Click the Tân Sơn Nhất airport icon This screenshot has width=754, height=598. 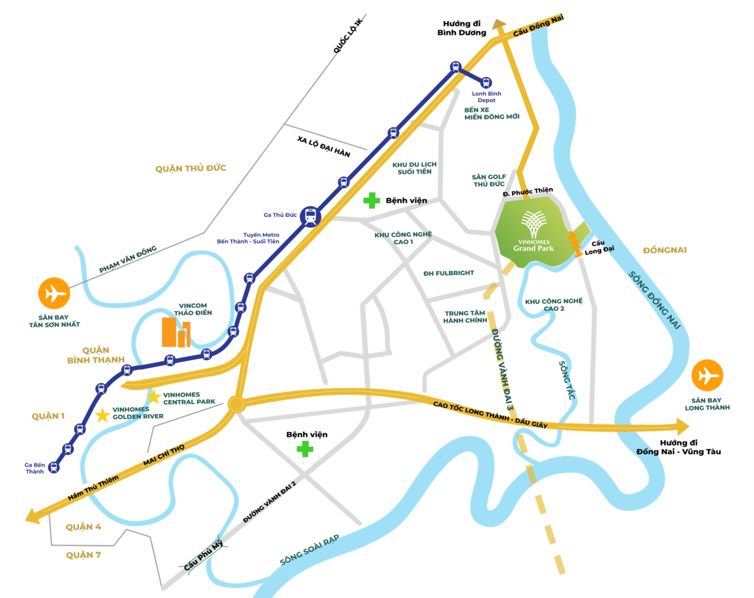54,294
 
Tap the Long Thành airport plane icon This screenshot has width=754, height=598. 707,376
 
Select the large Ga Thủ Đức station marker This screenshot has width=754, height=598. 310,217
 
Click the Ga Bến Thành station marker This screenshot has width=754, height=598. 53,467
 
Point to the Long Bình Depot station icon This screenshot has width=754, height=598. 486,83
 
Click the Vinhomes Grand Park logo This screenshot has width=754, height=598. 533,232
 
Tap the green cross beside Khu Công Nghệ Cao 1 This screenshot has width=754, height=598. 371,200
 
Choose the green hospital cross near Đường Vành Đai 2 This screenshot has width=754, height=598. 305,449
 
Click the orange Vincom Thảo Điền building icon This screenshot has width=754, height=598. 176,332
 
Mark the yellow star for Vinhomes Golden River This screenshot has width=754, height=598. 102,415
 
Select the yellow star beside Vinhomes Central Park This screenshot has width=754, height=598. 153,397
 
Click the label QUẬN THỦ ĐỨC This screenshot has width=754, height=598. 191,169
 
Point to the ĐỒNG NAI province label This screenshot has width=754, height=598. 665,250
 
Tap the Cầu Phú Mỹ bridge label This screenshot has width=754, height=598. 203,555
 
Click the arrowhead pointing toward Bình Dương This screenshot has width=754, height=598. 499,24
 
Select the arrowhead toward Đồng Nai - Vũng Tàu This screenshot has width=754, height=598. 683,427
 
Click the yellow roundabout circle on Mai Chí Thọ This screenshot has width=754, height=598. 236,404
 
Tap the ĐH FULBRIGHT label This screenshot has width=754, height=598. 448,273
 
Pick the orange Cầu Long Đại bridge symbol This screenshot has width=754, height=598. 575,244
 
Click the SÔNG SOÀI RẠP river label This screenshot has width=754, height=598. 309,550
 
